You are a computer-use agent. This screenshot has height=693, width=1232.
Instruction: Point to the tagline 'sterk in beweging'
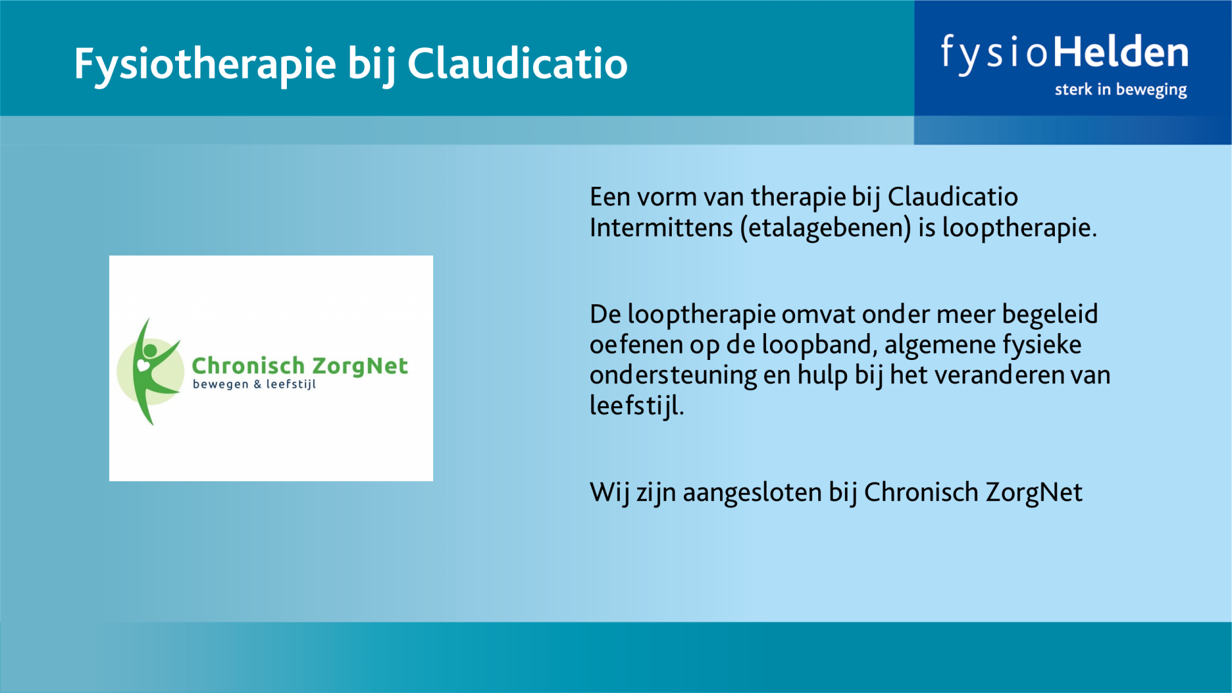(x=1120, y=90)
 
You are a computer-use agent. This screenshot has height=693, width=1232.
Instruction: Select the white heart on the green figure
(x=143, y=365)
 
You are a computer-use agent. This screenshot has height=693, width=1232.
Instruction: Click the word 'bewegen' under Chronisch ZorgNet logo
(x=220, y=384)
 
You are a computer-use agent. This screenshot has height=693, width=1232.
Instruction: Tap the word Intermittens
(x=661, y=228)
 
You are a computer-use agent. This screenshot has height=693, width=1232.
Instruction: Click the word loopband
(x=819, y=345)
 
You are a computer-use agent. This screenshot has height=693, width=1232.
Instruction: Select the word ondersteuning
(x=673, y=375)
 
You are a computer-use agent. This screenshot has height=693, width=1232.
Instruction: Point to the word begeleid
(x=1050, y=315)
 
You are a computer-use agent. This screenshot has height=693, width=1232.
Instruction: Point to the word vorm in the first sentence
(x=667, y=198)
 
